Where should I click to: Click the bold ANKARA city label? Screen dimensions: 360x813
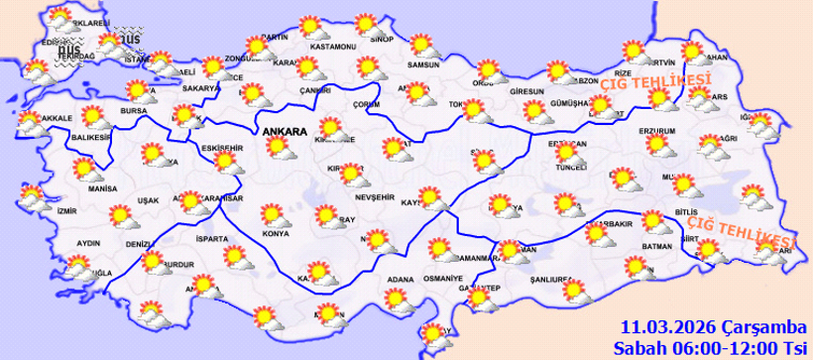[286, 129]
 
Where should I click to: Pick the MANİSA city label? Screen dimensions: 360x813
[102, 188]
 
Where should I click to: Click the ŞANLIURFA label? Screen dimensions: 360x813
[565, 279]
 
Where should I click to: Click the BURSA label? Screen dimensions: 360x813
[133, 110]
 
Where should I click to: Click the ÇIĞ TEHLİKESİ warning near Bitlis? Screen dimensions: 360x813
[739, 234]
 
